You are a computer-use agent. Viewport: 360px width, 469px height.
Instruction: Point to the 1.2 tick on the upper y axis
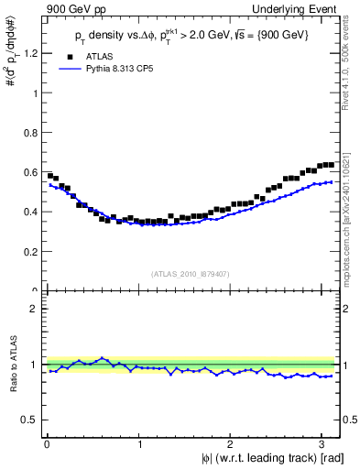coord(30,53)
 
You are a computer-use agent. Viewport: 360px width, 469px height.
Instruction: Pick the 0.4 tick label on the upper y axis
coord(30,212)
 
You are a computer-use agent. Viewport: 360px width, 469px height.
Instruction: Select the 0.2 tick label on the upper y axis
coord(30,252)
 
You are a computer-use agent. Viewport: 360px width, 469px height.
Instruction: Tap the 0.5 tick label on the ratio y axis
coord(30,420)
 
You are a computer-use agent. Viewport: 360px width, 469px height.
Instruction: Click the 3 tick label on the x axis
coord(325,444)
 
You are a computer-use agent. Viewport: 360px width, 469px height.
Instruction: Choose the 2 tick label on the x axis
coord(233,444)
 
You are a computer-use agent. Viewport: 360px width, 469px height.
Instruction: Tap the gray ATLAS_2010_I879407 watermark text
coord(191,272)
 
